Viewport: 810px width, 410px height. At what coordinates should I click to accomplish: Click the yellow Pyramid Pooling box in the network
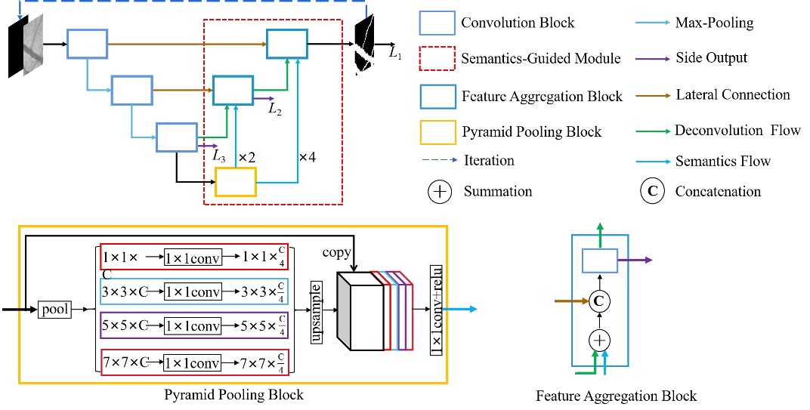pyautogui.click(x=236, y=182)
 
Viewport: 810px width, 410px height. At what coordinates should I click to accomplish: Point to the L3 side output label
pyautogui.click(x=219, y=156)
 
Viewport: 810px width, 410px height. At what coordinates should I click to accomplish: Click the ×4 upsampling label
pyautogui.click(x=308, y=157)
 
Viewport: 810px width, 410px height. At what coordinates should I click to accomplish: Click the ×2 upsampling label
pyautogui.click(x=247, y=158)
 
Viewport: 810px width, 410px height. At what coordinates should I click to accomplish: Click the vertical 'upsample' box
pyautogui.click(x=317, y=310)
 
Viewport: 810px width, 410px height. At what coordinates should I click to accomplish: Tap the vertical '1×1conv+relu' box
pyautogui.click(x=437, y=310)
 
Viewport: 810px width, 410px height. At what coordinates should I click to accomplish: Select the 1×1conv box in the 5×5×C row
pyautogui.click(x=193, y=326)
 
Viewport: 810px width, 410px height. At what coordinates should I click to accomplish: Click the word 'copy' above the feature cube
pyautogui.click(x=338, y=252)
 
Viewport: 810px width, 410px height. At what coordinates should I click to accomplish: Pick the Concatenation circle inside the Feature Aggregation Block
pyautogui.click(x=599, y=301)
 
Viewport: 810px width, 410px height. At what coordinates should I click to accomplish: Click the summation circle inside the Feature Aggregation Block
pyautogui.click(x=599, y=341)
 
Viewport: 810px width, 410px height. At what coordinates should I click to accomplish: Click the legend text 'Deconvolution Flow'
pyautogui.click(x=737, y=131)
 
